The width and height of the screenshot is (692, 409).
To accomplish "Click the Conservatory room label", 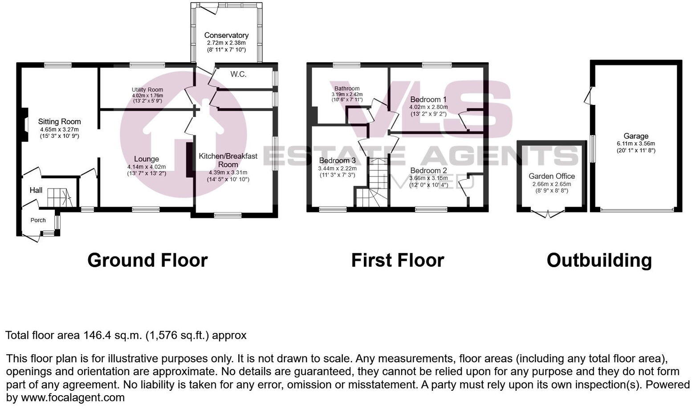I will click(x=226, y=35).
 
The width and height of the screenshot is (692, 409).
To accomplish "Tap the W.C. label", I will click(x=238, y=74).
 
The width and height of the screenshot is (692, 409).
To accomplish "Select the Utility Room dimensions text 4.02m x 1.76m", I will click(x=147, y=96).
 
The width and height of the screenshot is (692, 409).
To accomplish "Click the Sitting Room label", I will click(x=59, y=121).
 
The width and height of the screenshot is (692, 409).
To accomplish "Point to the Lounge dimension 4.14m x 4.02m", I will click(x=147, y=167).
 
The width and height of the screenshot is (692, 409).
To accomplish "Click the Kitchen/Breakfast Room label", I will click(x=228, y=160).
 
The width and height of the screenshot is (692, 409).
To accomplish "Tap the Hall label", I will click(x=36, y=190).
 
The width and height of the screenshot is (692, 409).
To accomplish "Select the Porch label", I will click(x=38, y=220).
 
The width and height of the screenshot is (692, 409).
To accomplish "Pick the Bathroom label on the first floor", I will click(x=347, y=88).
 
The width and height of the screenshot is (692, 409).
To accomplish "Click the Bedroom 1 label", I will click(x=428, y=100).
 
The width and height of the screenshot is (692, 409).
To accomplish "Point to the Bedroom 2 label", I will click(x=428, y=171).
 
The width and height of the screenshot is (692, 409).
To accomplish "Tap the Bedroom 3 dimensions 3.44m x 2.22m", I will click(x=337, y=168).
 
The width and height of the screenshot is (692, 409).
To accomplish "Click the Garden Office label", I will click(x=552, y=176).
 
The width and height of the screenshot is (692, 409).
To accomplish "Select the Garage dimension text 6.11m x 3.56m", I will click(x=636, y=144).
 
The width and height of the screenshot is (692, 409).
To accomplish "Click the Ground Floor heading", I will click(x=147, y=261).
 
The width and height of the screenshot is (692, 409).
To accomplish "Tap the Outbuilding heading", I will click(x=599, y=261).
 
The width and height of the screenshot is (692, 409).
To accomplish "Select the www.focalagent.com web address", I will click(x=73, y=397).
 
